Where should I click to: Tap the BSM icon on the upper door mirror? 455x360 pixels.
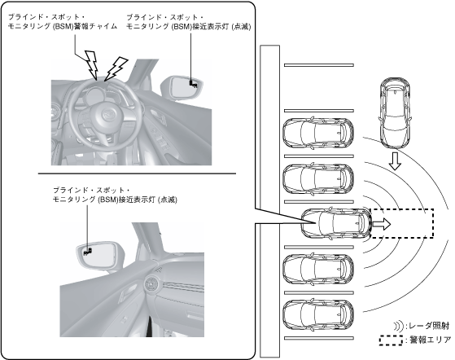click(x=193, y=84)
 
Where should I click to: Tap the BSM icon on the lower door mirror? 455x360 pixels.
click(x=88, y=252)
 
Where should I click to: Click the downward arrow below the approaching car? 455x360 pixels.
click(x=395, y=160)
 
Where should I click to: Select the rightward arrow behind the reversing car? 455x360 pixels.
click(x=382, y=224)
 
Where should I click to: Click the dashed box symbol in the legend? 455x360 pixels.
click(x=391, y=340)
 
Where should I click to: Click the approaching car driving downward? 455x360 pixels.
click(x=395, y=113)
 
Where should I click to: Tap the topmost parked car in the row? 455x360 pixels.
click(x=318, y=134)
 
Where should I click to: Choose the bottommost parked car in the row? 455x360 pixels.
click(x=318, y=315)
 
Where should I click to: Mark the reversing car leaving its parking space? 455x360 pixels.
click(x=336, y=223)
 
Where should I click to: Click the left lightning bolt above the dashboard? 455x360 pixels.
click(x=91, y=64)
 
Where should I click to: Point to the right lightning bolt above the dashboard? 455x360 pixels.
click(x=116, y=68)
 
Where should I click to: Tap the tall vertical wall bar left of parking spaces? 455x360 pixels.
click(x=270, y=201)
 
